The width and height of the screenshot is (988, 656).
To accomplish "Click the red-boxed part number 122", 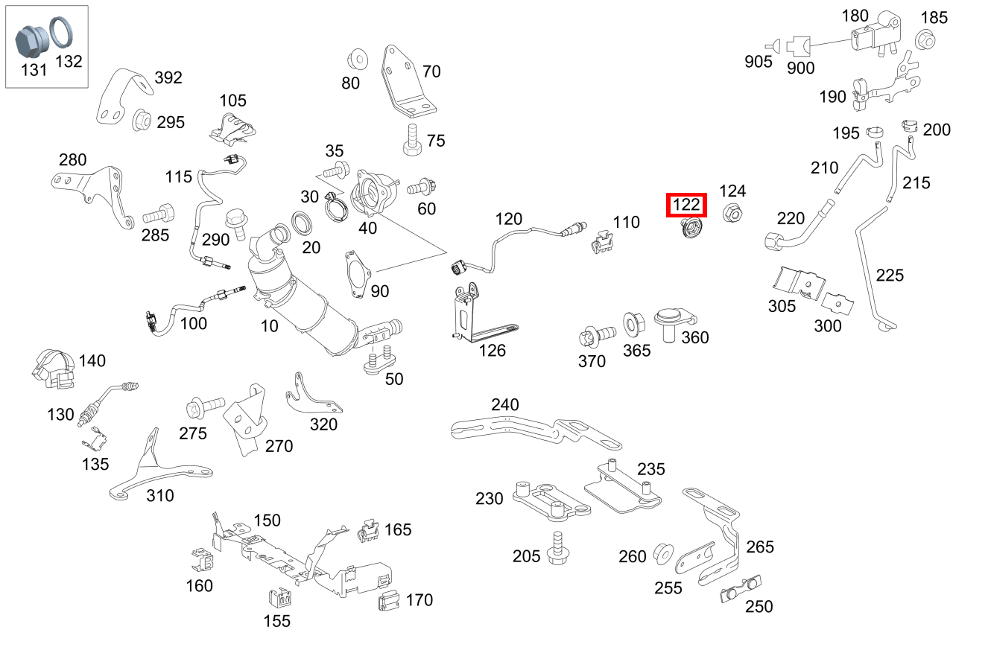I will tap(686, 204).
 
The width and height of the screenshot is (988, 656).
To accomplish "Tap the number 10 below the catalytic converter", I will tap(269, 325).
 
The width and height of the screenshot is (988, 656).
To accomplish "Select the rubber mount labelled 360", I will tap(671, 323).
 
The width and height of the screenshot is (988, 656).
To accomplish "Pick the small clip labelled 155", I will tap(278, 598).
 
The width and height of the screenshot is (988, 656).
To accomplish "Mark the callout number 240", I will tap(504, 405).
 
